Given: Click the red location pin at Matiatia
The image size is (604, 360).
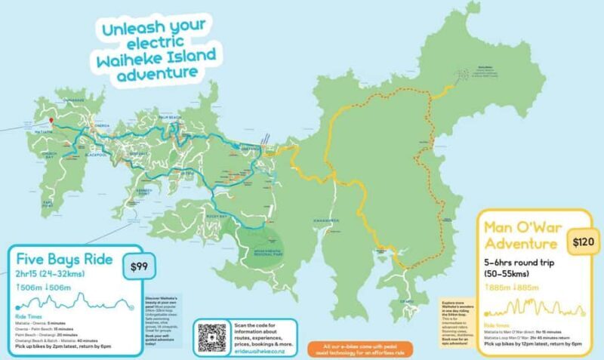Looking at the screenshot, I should [x=51, y=121].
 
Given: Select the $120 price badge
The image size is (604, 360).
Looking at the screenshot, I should [x=584, y=242].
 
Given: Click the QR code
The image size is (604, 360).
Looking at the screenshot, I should [x=212, y=336].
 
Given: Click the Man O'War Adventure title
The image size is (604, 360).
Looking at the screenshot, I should [x=521, y=235].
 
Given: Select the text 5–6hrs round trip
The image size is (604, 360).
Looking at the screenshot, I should [x=520, y=264].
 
